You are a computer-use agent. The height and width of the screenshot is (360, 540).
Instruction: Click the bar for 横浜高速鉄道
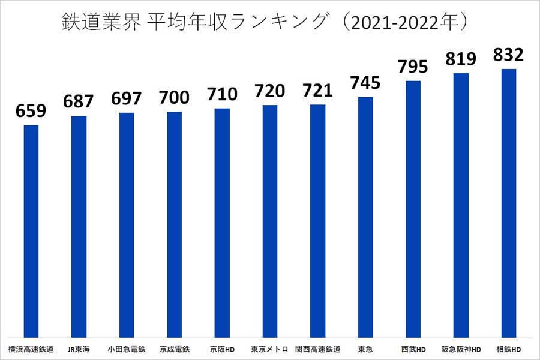point(31,231)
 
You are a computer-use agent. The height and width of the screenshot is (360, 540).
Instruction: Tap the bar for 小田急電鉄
point(127,224)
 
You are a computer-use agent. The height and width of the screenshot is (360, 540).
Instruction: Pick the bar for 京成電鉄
point(174,224)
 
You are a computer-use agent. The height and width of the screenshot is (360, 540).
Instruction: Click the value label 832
point(509,55)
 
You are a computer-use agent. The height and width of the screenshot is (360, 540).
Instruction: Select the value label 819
point(461,59)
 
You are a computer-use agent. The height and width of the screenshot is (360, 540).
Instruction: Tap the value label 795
point(413,67)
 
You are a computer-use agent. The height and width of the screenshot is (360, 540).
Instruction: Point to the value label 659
point(31,111)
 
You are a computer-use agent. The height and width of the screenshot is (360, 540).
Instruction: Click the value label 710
point(221,94)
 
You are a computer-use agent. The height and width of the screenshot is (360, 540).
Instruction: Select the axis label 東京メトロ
point(269,349)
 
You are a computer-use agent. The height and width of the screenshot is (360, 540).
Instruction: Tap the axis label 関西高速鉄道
point(317,349)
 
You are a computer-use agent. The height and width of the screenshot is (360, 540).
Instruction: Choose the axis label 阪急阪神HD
point(461,349)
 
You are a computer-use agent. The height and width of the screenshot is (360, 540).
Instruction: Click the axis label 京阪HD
point(221,349)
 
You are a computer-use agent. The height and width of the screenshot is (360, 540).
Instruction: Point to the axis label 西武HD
point(413,349)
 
